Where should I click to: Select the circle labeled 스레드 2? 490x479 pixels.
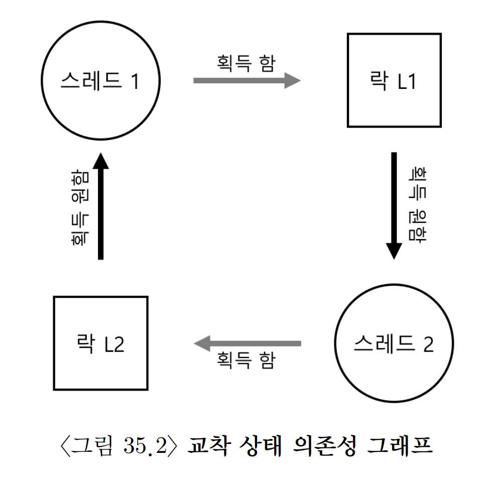394,344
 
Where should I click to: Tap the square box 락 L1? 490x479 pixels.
394,80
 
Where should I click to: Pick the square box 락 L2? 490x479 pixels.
100,343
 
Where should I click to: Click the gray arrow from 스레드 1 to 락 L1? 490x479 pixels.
247,80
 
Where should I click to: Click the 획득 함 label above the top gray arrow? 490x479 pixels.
246,62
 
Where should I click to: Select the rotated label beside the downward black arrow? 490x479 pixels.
415,205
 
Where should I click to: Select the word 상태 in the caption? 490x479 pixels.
264,446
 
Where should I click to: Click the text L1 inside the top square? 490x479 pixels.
407,81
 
